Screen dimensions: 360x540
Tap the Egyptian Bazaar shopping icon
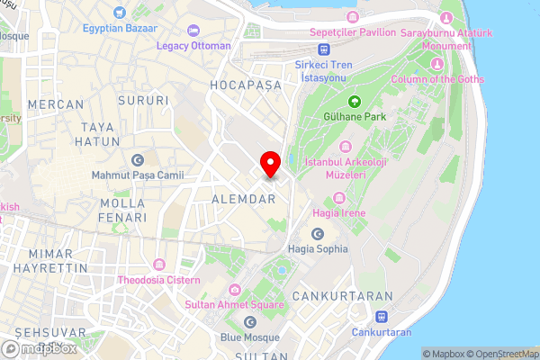coord(120,13)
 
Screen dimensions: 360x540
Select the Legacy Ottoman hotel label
coord(193,45)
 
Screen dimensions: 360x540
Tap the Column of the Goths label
coord(437,79)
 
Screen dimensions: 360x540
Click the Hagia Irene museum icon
coord(342,198)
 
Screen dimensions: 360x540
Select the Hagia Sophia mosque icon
coord(317,233)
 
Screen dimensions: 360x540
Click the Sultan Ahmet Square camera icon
coord(235,289)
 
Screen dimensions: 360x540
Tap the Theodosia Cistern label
coord(164,281)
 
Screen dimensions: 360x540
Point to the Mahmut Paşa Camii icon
coord(138,160)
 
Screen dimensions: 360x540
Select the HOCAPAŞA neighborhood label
coord(246,85)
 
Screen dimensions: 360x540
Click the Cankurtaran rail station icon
coord(382,317)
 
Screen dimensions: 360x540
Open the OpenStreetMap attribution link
coord(502,354)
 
